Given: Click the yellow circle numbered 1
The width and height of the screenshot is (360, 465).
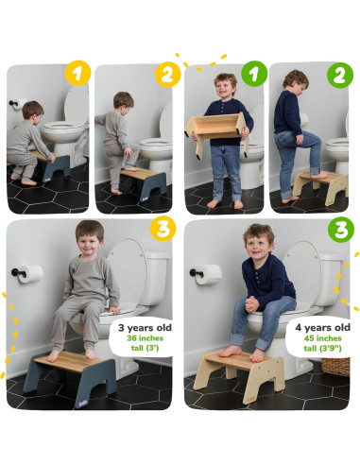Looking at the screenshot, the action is tap(77, 74).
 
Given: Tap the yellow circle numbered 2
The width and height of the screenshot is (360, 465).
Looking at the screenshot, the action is tap(168, 75).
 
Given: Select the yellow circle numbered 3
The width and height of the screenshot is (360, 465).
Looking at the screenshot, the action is tap(163, 229).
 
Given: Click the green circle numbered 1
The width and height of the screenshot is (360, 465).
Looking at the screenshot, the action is tap(254, 74).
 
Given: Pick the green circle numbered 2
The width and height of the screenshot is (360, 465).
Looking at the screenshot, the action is tap(340, 76).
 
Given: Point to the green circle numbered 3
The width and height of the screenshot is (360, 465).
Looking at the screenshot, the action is tap(341, 230).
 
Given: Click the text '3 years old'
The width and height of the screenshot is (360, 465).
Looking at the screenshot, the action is tap(145, 328).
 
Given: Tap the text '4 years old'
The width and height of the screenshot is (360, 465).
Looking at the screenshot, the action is tap(322, 327).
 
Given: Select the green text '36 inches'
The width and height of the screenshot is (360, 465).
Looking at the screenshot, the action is tap(145, 338).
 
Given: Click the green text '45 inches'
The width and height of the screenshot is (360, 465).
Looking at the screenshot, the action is tap(322, 338).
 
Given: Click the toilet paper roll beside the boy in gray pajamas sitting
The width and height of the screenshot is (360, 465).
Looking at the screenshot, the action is tap(30, 274).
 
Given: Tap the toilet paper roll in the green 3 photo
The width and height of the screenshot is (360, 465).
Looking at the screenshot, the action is tap(208, 274).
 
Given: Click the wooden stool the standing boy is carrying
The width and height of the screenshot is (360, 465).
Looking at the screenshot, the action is tap(216, 132).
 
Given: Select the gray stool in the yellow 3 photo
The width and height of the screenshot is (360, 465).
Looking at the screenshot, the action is tap(71, 376).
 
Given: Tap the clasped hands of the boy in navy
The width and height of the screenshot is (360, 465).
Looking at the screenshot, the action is tap(251, 304).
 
